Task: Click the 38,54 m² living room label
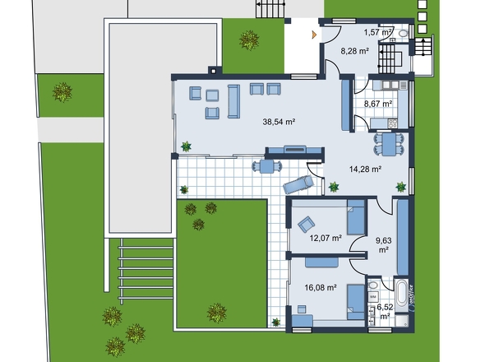(x=279, y=122)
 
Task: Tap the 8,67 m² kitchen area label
(x=378, y=104)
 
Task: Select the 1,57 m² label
(x=378, y=32)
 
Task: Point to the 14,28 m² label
(x=365, y=169)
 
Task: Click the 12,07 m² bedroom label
(x=326, y=238)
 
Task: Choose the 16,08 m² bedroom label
(x=321, y=288)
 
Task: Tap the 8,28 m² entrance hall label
(x=355, y=51)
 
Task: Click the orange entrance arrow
(x=314, y=35)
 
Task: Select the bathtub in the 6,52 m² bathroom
(x=401, y=292)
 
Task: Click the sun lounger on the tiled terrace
(x=298, y=184)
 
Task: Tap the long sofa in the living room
(x=233, y=101)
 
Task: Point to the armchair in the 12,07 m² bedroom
(x=307, y=224)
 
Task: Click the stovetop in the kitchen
(x=392, y=123)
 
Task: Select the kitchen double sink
(x=390, y=85)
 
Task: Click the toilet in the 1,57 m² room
(x=403, y=34)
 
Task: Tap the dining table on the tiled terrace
(x=267, y=166)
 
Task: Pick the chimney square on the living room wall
(x=213, y=71)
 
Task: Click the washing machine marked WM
(x=373, y=297)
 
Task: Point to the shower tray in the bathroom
(x=401, y=321)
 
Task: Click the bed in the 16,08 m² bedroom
(x=356, y=302)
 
